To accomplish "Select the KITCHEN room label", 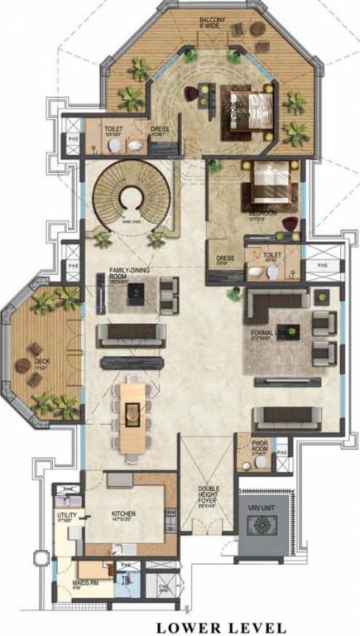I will click(123, 513).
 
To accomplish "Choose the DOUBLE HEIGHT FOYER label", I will click(209, 495).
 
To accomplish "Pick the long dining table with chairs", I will click(132, 413).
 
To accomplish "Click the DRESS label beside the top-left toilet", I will click(161, 129).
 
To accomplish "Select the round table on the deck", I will click(22, 364).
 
